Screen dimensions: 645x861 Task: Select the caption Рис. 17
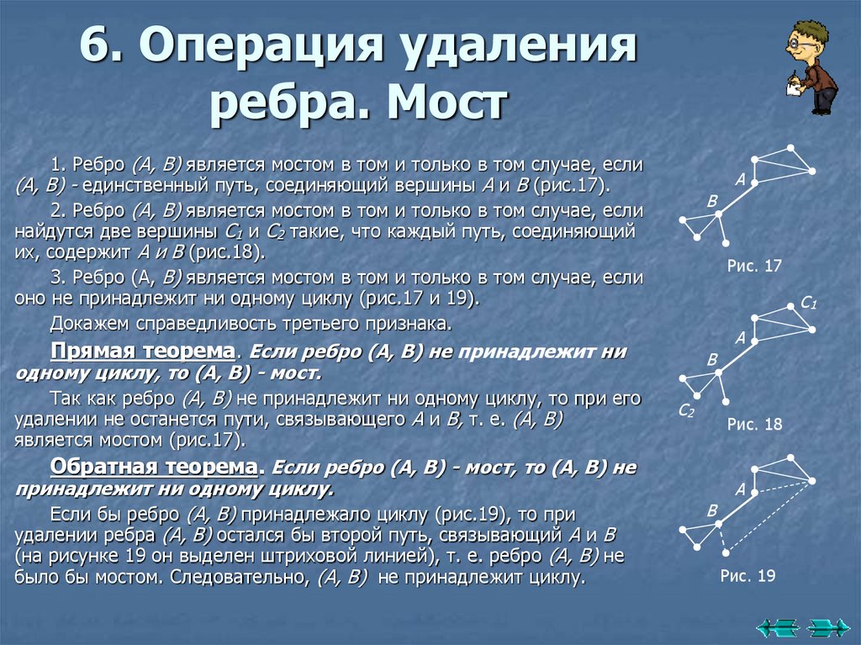pyautogui.click(x=754, y=266)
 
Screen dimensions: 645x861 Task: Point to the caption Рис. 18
pyautogui.click(x=754, y=425)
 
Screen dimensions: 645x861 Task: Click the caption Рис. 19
pyautogui.click(x=747, y=576)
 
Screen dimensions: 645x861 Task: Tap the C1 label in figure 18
pyautogui.click(x=809, y=304)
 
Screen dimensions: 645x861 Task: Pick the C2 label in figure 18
pyautogui.click(x=685, y=410)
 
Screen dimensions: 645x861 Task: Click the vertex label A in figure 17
pyautogui.click(x=740, y=179)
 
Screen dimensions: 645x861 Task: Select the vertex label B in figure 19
pyautogui.click(x=712, y=510)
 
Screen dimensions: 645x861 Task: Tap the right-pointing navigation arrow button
pyautogui.click(x=827, y=626)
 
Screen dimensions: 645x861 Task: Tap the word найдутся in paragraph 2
pyautogui.click(x=46, y=232)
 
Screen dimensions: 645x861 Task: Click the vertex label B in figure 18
pyautogui.click(x=712, y=360)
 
